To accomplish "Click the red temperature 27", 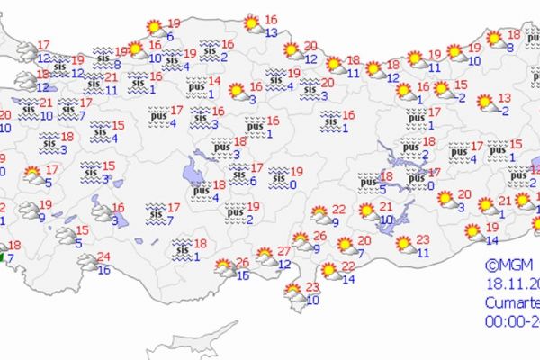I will (284, 250).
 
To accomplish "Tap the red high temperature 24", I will (104, 256).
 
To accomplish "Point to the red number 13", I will (505, 98).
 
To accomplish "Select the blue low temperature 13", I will (271, 32).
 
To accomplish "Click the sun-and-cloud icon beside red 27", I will (266, 257).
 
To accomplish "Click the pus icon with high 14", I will (194, 87).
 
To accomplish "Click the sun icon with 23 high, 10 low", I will (293, 292).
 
